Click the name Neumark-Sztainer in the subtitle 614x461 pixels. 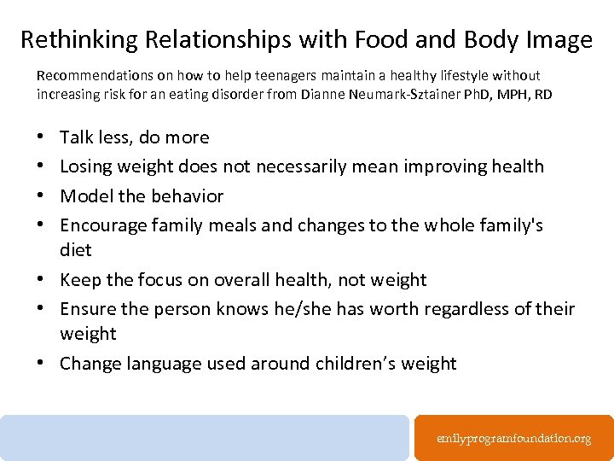[393, 94]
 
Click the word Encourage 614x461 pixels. [103, 225]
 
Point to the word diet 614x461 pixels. [75, 250]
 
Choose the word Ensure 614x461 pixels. [86, 309]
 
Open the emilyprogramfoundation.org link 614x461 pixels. [513, 438]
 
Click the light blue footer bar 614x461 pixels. [205, 438]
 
